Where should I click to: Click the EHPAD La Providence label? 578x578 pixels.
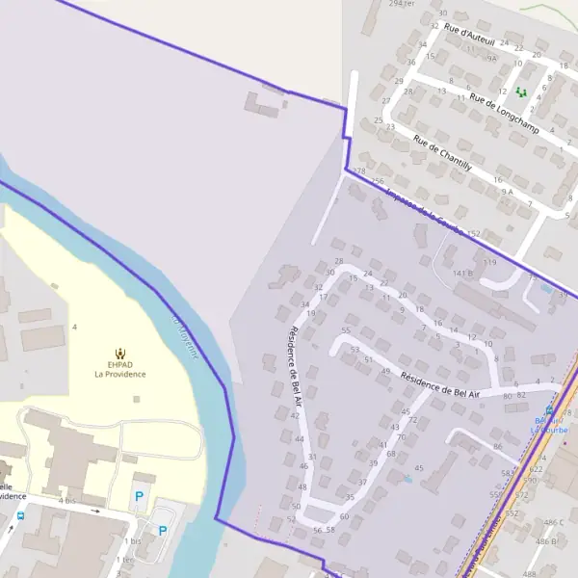119,369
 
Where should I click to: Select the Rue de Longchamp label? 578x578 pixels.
503,112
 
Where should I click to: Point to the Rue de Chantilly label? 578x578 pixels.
442,151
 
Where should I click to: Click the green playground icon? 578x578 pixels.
521,92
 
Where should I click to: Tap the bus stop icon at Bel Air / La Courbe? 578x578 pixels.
549,409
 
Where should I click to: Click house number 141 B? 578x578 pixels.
463,274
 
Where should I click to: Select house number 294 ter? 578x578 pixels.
401,4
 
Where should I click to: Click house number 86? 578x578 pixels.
497,447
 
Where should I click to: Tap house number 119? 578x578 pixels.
489,262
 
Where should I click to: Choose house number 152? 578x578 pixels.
473,234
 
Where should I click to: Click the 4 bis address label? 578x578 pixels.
66,501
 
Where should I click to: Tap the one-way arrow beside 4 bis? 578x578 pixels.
94,511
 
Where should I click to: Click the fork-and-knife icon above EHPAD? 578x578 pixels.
119,353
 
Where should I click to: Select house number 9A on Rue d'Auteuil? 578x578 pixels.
491,59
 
